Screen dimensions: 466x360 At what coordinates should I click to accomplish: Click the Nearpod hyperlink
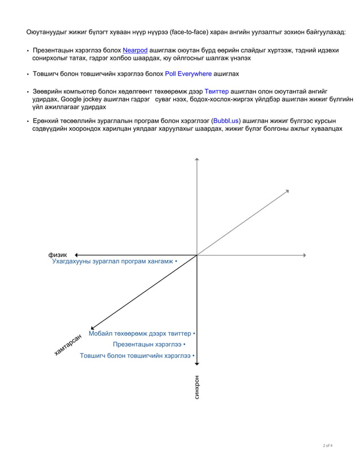pyautogui.click(x=135, y=50)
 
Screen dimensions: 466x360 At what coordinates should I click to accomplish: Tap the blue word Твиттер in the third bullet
pyautogui.click(x=216, y=91)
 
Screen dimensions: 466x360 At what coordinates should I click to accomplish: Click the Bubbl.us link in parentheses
pyautogui.click(x=226, y=121)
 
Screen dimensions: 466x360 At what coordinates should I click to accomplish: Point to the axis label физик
pyautogui.click(x=58, y=255)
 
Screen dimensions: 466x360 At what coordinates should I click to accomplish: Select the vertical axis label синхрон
pyautogui.click(x=197, y=388)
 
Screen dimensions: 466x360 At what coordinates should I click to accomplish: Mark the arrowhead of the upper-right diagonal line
pyautogui.click(x=287, y=191)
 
